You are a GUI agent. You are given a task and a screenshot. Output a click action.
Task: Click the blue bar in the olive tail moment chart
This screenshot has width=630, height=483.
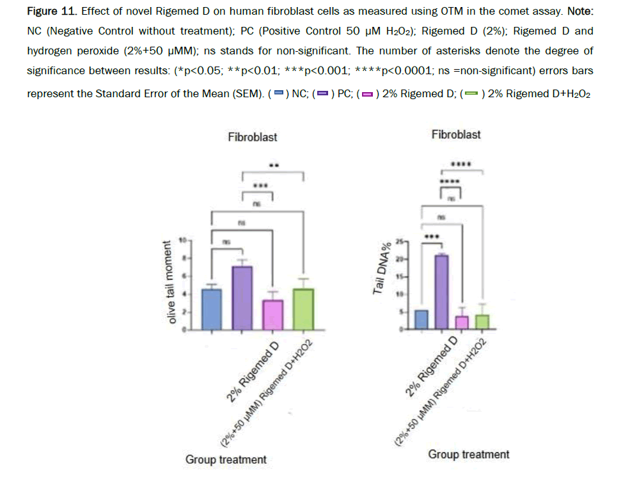212,310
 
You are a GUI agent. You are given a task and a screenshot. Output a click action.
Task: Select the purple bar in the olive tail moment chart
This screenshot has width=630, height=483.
242,298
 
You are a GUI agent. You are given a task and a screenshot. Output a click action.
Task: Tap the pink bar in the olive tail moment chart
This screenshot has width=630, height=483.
273,315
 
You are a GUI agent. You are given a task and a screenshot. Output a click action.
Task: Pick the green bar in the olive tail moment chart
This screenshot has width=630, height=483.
303,310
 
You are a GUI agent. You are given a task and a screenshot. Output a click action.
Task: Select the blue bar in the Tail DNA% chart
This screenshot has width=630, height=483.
421,319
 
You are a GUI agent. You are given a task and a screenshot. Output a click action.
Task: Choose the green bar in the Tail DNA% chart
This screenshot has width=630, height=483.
483,322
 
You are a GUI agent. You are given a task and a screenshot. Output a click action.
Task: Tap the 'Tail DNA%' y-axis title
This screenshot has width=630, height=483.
379,273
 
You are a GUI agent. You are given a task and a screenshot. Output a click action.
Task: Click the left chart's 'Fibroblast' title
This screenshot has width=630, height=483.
253,137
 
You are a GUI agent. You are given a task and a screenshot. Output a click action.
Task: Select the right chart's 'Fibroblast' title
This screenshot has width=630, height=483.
456,134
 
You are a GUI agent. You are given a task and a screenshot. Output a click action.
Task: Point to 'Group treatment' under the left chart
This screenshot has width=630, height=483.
226,459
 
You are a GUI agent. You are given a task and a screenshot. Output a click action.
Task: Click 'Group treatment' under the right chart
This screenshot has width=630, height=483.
469,454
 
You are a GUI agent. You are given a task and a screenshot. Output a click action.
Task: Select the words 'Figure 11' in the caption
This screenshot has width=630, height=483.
52,11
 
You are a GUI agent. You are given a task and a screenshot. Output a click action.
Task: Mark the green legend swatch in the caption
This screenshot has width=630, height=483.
471,94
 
